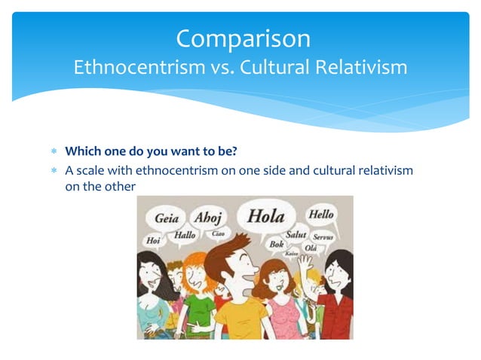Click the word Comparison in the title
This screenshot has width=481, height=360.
click(242, 38)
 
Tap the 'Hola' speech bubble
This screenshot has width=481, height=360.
click(266, 217)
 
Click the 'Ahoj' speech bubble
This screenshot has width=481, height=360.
click(208, 218)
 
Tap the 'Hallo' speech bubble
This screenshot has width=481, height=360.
click(185, 235)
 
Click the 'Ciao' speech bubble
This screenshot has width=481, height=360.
click(218, 234)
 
